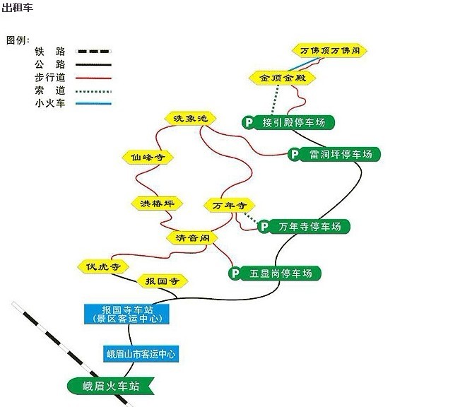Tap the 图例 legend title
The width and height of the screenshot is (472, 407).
[x=18, y=40]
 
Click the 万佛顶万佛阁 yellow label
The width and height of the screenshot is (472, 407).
[x=329, y=51]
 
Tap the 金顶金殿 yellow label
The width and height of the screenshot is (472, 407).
[x=282, y=78]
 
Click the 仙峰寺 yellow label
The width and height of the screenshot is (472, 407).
[x=147, y=158]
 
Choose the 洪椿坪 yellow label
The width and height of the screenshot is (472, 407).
[x=156, y=203]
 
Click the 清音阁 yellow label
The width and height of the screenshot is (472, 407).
[x=191, y=238]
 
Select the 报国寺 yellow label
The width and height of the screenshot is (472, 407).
[x=161, y=281]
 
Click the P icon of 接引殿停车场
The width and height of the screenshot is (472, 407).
[x=248, y=122]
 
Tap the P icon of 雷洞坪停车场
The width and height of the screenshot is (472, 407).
[x=295, y=154]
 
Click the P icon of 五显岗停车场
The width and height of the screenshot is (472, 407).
[x=235, y=273]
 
